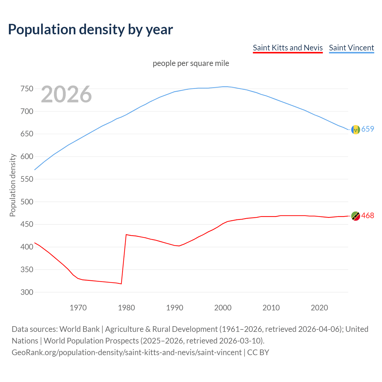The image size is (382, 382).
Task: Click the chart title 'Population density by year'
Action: tap(90, 29)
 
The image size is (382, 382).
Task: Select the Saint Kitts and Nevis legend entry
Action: tap(288, 48)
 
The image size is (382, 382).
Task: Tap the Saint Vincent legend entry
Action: tap(351, 48)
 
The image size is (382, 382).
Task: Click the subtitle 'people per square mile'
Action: tap(191, 63)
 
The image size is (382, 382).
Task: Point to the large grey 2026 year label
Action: tap(66, 94)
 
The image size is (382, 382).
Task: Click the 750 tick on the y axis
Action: tap(27, 89)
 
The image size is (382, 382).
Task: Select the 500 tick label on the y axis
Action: tap(27, 202)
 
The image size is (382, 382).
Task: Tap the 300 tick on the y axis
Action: tap(27, 292)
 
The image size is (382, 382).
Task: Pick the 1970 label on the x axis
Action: tap(78, 307)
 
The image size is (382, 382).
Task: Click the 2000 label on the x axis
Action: tap(223, 307)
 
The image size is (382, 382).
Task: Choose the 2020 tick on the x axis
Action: tap(319, 307)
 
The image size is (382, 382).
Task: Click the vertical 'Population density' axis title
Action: tap(13, 185)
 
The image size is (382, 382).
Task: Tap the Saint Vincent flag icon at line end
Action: tap(355, 130)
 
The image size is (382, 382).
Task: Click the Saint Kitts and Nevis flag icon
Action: tap(355, 216)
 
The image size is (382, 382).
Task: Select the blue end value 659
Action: tap(368, 129)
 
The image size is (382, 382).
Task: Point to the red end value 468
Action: tap(368, 215)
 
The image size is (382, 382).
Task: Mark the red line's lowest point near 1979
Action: tap(121, 284)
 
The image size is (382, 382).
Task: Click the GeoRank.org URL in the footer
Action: tap(127, 352)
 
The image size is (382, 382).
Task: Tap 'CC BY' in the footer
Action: tap(258, 352)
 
